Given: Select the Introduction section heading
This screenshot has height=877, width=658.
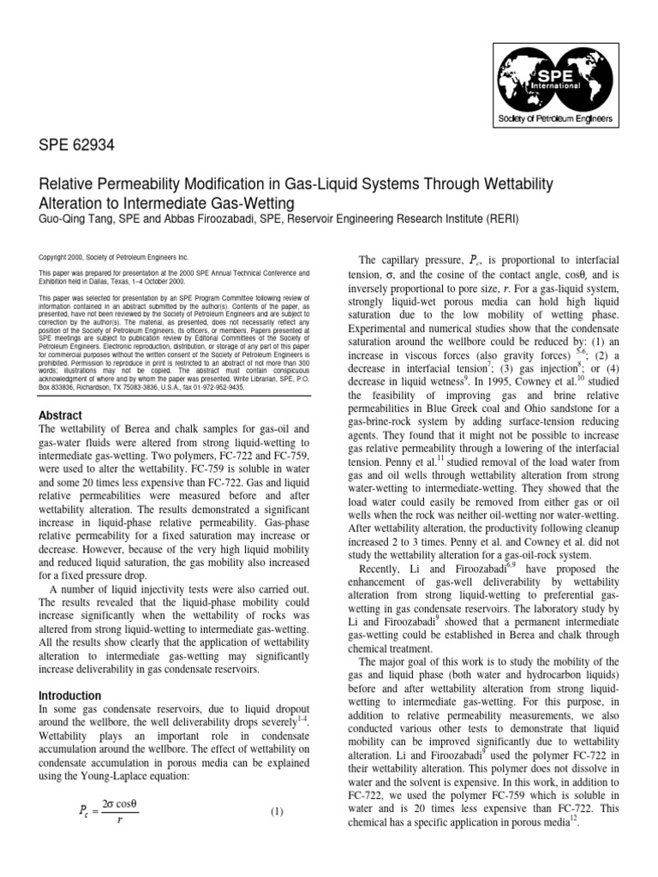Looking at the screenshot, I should (71, 695).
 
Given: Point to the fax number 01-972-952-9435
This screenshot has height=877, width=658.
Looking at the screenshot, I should (216, 386).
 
